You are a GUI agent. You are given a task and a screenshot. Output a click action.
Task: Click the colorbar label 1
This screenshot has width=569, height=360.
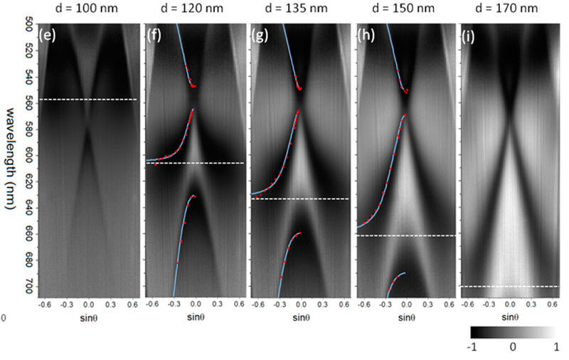(553, 350)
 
